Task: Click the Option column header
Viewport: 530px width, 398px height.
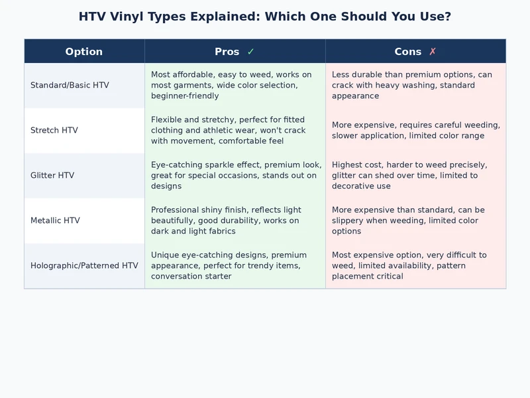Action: pos(84,52)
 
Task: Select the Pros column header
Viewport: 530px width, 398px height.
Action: pos(227,52)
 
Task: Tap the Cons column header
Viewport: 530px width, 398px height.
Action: pos(408,52)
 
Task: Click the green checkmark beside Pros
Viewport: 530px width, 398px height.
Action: pos(250,52)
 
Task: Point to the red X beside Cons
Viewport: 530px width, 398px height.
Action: pos(433,52)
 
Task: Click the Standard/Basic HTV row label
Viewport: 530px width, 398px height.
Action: pos(70,86)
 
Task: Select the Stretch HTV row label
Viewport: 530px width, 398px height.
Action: pos(54,131)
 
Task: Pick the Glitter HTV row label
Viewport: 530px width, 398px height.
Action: pos(52,176)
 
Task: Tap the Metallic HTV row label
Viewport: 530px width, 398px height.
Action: pos(55,221)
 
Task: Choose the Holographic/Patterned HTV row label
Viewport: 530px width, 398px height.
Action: pos(84,266)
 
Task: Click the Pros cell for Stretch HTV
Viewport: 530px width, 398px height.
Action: pos(235,131)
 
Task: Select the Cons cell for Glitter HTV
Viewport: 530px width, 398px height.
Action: pos(415,176)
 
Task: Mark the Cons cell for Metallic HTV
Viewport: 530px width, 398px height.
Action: pos(415,221)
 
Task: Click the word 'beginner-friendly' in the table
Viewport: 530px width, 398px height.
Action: pos(185,96)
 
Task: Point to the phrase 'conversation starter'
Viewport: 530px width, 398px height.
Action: pos(191,277)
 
